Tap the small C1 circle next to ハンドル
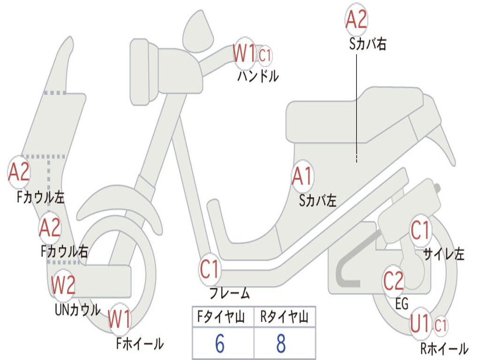click(265, 55)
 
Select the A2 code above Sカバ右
click(356, 20)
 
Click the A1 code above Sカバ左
click(302, 177)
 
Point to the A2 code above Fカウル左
click(19, 172)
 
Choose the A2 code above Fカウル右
click(50, 228)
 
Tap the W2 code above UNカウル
click(63, 285)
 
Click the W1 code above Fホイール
click(120, 321)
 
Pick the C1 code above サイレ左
click(420, 231)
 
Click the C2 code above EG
click(393, 281)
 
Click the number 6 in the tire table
click(219, 344)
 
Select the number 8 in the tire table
click(281, 344)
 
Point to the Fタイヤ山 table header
click(223, 318)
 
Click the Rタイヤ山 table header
click(284, 318)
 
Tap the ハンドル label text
click(258, 76)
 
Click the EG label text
click(402, 304)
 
